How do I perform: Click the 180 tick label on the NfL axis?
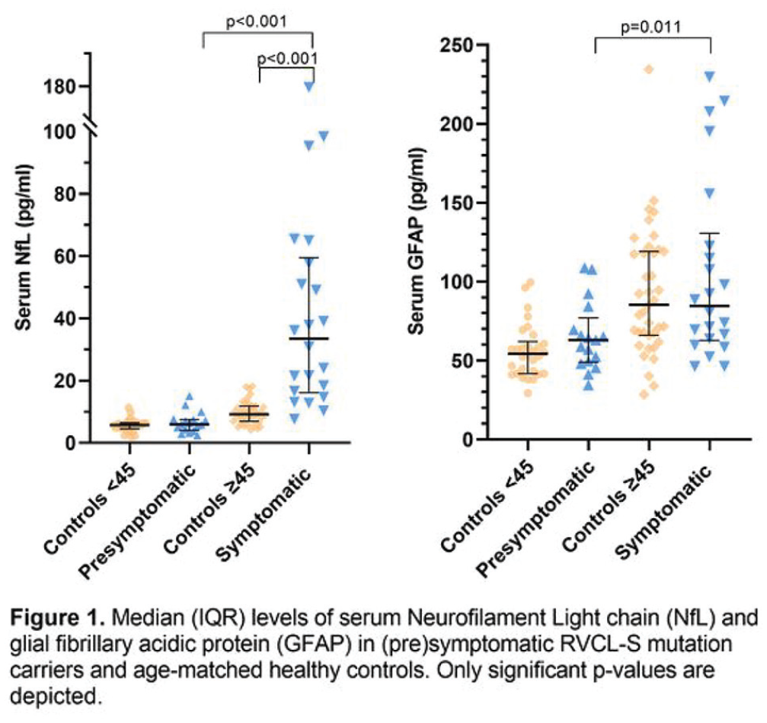[x=59, y=87]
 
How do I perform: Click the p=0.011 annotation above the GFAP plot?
[x=650, y=27]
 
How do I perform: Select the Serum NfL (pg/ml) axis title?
[x=24, y=248]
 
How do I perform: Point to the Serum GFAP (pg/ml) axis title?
[x=417, y=242]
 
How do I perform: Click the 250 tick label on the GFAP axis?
[x=456, y=46]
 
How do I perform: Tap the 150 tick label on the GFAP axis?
[x=456, y=203]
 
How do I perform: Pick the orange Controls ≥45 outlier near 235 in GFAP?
[x=649, y=69]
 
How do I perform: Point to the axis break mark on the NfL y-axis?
[x=91, y=124]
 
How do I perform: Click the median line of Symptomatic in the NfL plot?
[x=309, y=338]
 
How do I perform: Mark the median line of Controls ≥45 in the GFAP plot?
[x=649, y=305]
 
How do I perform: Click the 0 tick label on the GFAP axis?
[x=468, y=440]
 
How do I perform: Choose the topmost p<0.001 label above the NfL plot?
[x=257, y=22]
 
